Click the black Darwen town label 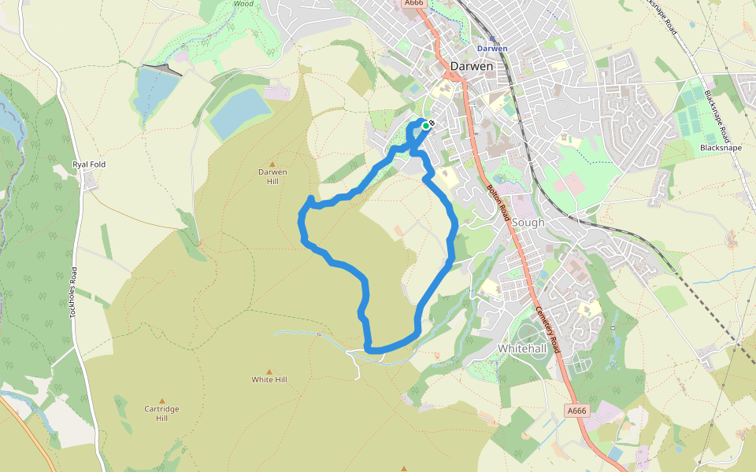[x=472, y=66]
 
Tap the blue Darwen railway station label [x=492, y=48]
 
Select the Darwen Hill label [x=272, y=176]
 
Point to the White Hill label [x=269, y=379]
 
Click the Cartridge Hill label [x=162, y=413]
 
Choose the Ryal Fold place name [x=89, y=164]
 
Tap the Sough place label [x=528, y=223]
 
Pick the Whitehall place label [x=522, y=347]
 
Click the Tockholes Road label [x=73, y=290]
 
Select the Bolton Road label [x=501, y=203]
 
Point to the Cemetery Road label [x=547, y=328]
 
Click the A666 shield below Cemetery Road [x=576, y=411]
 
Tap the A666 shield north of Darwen [x=414, y=3]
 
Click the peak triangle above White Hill [x=269, y=371]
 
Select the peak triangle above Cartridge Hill [x=162, y=400]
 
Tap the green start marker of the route [x=426, y=125]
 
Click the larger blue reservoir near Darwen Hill [x=239, y=112]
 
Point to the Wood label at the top [x=243, y=3]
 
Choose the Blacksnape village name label [x=719, y=147]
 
